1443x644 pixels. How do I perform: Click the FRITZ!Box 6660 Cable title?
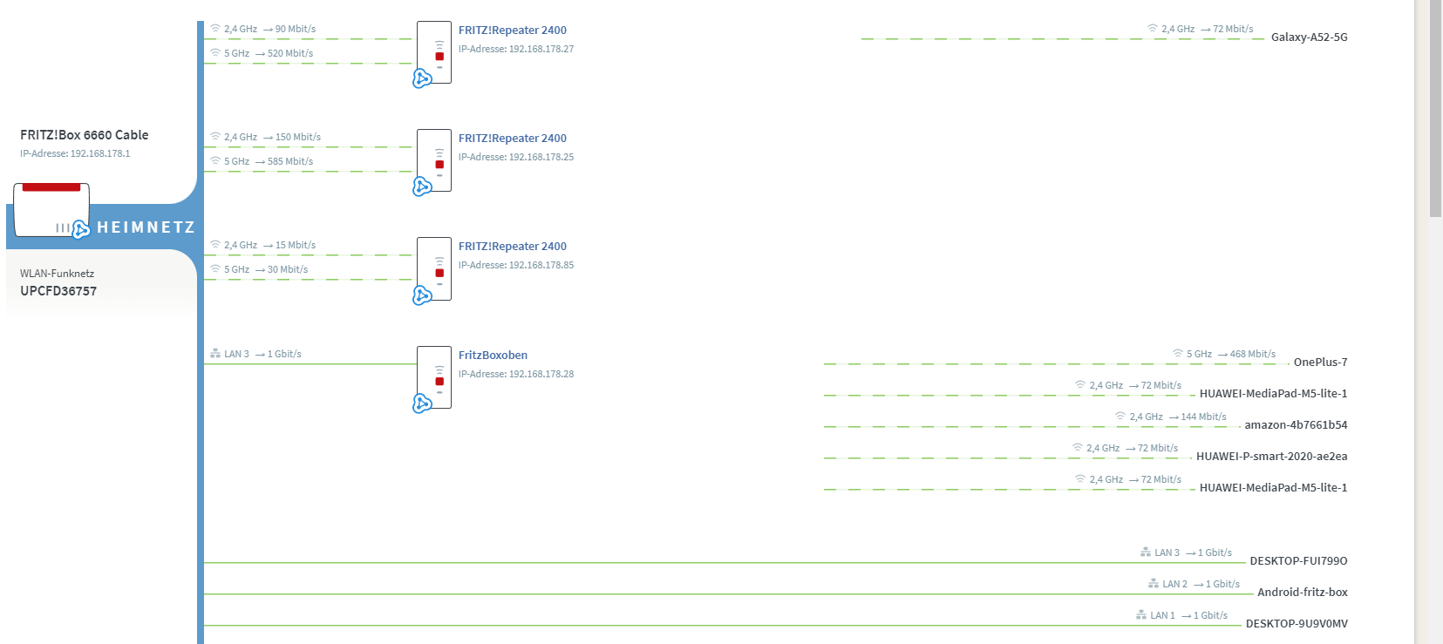(84, 135)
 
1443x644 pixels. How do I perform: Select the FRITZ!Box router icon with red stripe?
(51, 209)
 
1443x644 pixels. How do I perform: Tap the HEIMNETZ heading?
(146, 227)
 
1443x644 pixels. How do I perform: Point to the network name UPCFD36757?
(58, 291)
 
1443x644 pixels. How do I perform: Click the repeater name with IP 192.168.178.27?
(512, 31)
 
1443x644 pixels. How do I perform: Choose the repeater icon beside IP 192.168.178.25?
(434, 161)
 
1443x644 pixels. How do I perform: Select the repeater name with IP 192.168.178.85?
(512, 247)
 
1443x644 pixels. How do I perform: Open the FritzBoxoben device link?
(493, 356)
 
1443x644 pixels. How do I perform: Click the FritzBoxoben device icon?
(434, 377)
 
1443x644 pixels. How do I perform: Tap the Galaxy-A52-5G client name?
(1309, 37)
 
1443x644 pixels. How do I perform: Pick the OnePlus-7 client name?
(1320, 363)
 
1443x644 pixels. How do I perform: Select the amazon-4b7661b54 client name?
(1296, 425)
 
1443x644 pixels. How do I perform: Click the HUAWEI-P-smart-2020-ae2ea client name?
(1271, 457)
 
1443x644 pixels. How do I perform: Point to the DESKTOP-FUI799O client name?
(1298, 561)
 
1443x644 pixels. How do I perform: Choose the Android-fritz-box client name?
(1302, 593)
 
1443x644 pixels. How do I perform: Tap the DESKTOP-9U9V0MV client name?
(1297, 624)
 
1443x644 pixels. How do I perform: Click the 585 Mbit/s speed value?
(290, 162)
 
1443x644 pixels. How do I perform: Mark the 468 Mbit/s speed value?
(1252, 355)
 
